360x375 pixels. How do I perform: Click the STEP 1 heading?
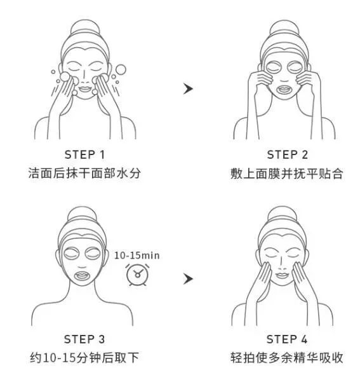pos(84,154)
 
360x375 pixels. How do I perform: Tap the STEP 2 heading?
pos(287,154)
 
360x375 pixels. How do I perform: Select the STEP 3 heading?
pos(84,339)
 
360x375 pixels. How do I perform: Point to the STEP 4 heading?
pos(287,339)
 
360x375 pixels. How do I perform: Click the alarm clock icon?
pos(136,275)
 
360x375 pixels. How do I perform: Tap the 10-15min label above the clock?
pos(137,256)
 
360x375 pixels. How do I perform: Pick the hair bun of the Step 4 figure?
pos(286,215)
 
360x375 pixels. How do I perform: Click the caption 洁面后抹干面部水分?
pos(84,174)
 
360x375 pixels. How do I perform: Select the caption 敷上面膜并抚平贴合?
pos(287,174)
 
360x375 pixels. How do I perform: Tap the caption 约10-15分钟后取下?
pos(84,358)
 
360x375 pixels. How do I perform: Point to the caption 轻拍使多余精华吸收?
pos(287,358)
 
